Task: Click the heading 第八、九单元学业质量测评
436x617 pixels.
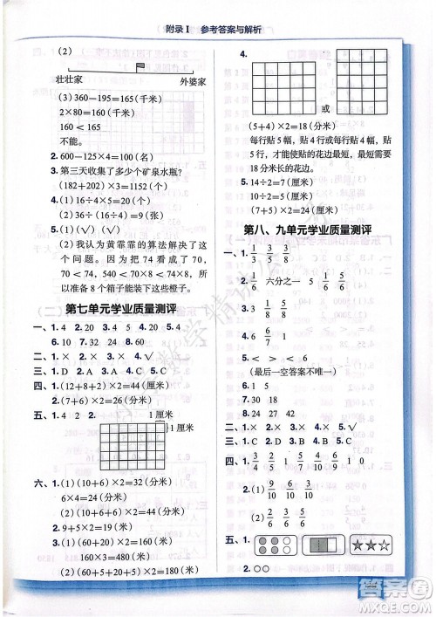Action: pos(320,230)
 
